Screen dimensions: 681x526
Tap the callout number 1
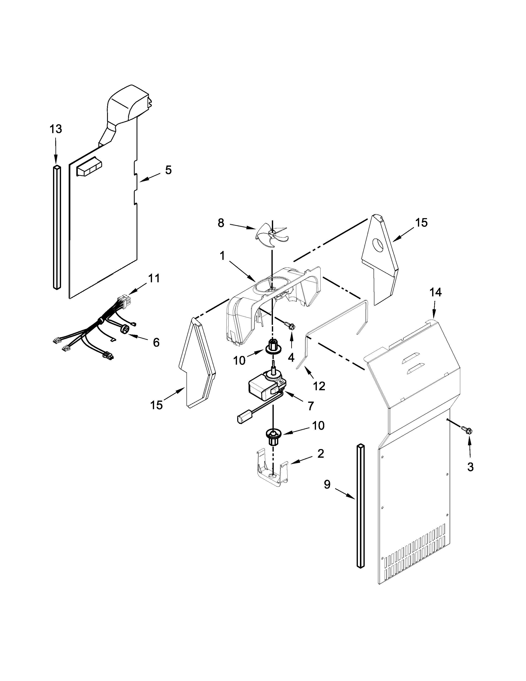[x=222, y=256]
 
